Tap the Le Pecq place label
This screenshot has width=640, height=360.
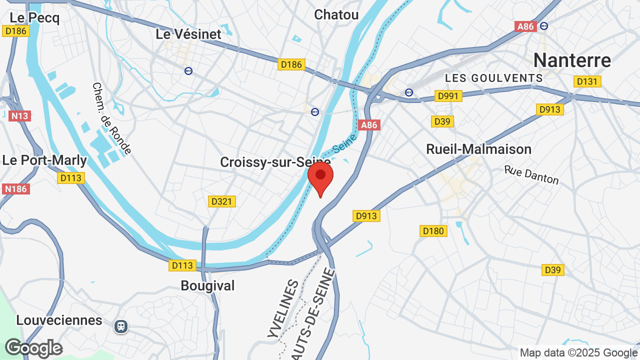point(34,18)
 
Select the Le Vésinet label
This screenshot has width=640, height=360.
point(188,34)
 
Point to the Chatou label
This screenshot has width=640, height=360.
point(336,14)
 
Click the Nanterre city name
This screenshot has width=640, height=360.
point(572,60)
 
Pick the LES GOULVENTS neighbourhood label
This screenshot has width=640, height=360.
point(493,78)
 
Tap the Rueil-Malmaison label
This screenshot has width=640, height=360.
point(478,149)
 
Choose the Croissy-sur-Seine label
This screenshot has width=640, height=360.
point(275,162)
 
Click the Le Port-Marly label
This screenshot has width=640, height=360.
point(44,160)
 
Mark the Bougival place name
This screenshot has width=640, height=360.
point(207,285)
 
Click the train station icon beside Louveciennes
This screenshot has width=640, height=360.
point(120,326)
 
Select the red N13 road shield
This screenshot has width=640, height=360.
point(20,116)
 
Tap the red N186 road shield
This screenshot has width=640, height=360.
point(16,189)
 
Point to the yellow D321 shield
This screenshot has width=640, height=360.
point(221,201)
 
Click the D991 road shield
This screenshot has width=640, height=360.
point(448,96)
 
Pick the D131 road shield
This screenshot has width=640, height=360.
point(588,81)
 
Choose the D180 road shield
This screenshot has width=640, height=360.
point(433,231)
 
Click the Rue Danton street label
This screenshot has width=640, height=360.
point(531,175)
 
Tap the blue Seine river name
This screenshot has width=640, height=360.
point(344,144)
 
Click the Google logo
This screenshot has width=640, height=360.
point(33,348)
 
